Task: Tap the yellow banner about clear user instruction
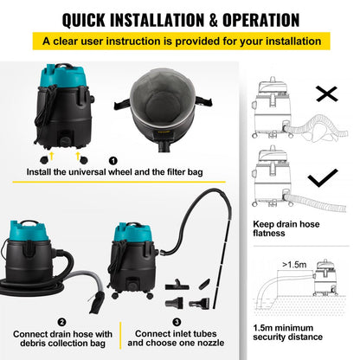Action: [180, 41]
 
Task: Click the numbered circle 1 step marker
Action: [112, 160]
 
